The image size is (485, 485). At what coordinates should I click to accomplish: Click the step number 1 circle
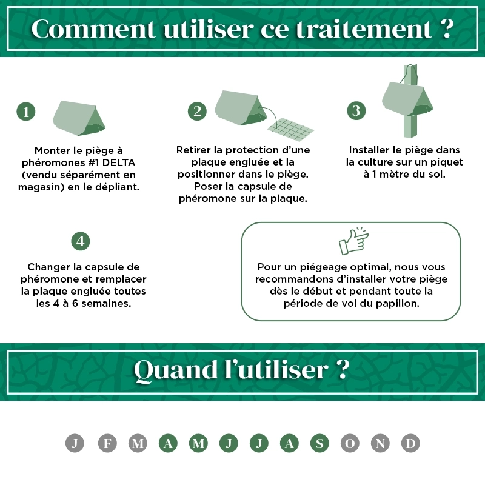(25, 112)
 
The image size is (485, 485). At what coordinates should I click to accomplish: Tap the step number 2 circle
(197, 112)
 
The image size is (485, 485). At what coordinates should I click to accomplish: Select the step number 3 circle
(356, 111)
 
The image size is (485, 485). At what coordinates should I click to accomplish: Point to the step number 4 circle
(81, 241)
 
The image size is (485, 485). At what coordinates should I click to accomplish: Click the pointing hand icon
(353, 241)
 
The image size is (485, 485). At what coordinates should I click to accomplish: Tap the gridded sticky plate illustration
(291, 129)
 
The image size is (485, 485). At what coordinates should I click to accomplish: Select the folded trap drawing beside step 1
(79, 118)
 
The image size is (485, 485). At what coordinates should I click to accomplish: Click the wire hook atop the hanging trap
(407, 73)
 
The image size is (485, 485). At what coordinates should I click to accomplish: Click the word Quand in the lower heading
(176, 370)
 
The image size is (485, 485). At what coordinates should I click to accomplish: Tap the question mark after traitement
(446, 28)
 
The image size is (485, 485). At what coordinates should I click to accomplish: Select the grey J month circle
(75, 443)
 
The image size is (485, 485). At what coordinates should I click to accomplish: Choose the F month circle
(107, 443)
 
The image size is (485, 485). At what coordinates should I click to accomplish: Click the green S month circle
(319, 443)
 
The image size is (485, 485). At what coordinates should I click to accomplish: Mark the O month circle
(350, 443)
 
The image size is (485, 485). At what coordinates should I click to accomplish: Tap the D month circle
(410, 443)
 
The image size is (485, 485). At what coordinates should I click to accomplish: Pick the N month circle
(380, 443)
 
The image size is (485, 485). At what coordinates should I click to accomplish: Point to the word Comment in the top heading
(93, 28)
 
